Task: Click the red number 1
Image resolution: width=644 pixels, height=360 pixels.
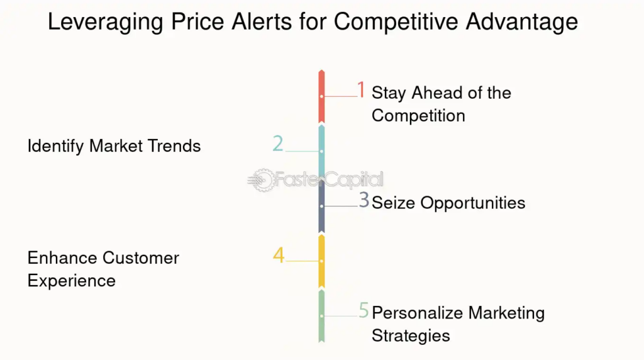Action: [x=361, y=89]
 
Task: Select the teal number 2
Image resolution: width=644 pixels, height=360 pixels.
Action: [x=278, y=144]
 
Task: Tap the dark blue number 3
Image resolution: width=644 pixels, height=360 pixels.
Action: [x=364, y=200]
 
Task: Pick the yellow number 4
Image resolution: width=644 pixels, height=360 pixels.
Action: [x=279, y=255]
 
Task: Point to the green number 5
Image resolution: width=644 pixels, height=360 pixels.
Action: [x=364, y=310]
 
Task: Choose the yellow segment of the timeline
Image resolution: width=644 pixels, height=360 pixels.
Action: [x=321, y=261]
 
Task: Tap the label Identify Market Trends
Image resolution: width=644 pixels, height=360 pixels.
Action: [x=114, y=146]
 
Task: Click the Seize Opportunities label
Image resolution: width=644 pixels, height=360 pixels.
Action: [x=448, y=203]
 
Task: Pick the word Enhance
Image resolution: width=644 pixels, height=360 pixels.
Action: [x=62, y=258]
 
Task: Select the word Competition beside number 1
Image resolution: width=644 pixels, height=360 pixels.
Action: [x=418, y=116]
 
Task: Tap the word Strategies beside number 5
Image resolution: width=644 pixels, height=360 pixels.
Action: [x=411, y=335]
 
